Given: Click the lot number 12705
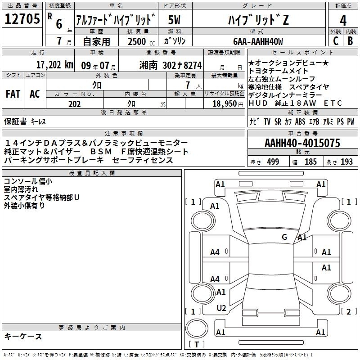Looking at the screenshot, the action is pos(22,19).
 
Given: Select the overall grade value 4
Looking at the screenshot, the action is pos(343,21).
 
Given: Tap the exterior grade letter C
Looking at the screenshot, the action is pos(336,41).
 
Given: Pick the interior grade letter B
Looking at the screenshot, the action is pos(350,41).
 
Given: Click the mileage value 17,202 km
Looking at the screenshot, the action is pos(54,65).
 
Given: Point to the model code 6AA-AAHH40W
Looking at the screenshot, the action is pos(258,41).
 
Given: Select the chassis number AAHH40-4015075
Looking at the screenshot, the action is pos(302,143).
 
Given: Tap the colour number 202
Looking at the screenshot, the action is pos(74,104).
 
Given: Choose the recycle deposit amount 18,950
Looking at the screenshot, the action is pos(224,104).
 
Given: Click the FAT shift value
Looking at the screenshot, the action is pos(13,94).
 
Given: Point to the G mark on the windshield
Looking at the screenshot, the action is pos(284,237).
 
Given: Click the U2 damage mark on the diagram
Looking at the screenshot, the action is pos(221,308).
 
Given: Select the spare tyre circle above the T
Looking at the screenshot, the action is pos(197,329).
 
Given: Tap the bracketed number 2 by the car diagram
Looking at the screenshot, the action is pos(349,311).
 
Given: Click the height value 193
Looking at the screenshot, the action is pos(346,162).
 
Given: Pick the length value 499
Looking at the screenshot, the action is pos(273,162).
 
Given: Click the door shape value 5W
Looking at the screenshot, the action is pos(174,20).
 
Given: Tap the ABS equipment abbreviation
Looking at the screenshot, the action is pos(300,121).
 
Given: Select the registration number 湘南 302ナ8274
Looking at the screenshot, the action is pos(171,66).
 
